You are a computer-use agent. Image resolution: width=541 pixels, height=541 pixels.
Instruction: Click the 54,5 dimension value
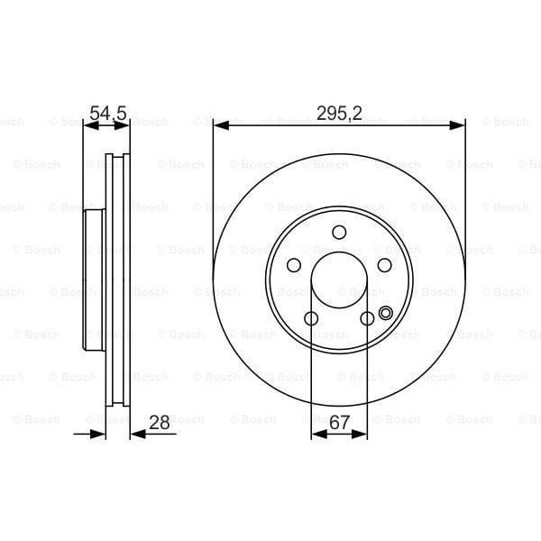pos(107,114)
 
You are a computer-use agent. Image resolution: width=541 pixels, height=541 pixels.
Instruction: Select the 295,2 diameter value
pos(339,114)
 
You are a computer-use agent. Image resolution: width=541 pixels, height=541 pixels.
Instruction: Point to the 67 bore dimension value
pos(339,421)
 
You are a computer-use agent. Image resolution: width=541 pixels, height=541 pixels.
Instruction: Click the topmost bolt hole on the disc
pos(339,233)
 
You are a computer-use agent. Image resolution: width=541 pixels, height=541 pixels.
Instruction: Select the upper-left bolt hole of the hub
pos(294,265)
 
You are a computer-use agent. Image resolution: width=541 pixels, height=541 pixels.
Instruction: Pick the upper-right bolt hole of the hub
pos(385,265)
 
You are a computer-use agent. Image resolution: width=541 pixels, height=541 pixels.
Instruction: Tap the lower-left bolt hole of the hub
pos(311,318)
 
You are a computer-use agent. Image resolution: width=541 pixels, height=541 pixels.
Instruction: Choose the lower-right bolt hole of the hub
pos(367,318)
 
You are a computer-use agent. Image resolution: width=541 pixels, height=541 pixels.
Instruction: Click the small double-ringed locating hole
pos(386,314)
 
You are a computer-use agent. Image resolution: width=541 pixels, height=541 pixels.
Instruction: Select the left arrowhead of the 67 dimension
pos(316,435)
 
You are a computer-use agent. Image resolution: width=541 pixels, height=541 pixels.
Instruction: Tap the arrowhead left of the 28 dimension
pos(100,435)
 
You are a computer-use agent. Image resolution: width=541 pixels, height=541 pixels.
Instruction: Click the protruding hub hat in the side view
pos(94,280)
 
